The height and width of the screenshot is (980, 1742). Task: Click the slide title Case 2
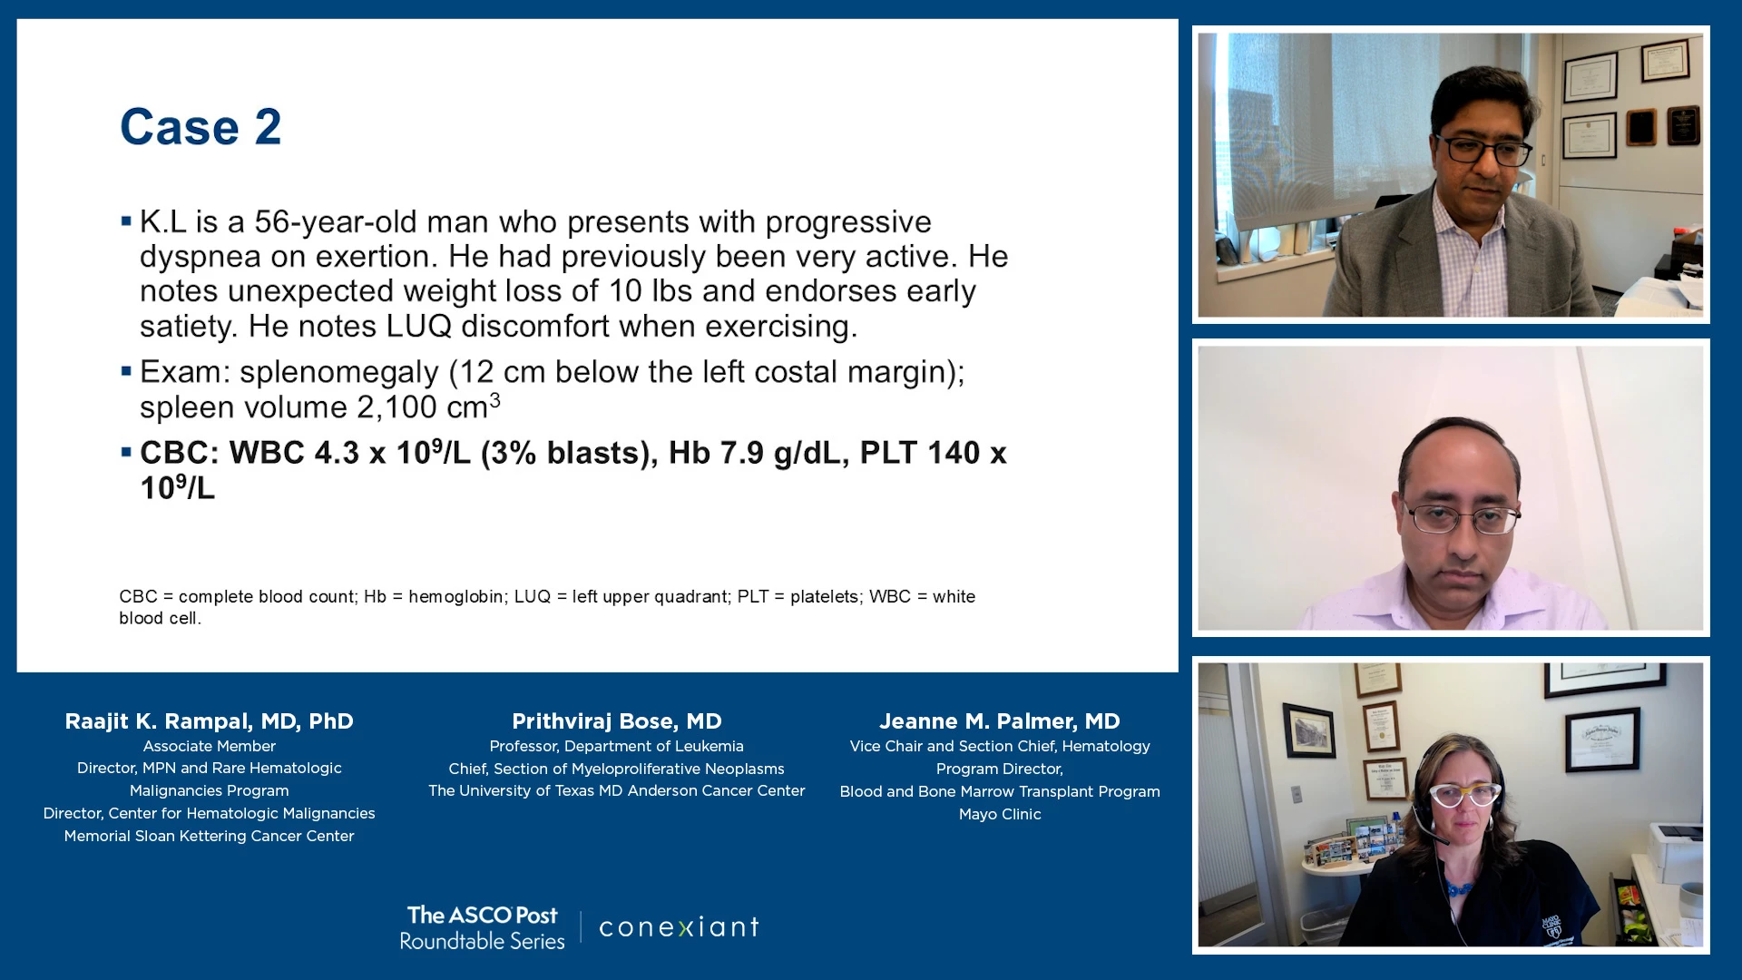201,127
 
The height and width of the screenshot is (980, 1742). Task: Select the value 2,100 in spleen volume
396,407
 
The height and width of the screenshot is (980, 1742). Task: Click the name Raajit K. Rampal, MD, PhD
210,721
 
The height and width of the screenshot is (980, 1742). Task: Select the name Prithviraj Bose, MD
617,721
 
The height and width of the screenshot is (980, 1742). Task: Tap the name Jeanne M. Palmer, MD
1000,721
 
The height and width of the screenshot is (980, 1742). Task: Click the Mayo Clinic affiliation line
1000,814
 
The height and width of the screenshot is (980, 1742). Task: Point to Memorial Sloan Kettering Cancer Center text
210,836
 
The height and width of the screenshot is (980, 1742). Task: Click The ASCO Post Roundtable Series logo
483,927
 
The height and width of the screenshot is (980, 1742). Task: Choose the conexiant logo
679,927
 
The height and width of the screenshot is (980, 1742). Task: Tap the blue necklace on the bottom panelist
1459,888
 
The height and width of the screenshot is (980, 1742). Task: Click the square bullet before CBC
126,451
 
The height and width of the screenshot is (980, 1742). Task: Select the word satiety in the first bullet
189,327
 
